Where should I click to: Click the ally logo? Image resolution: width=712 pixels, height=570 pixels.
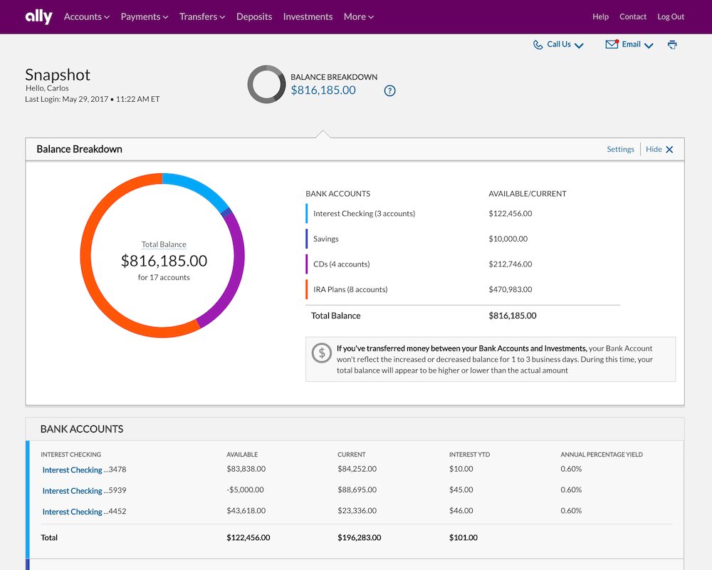coord(38,17)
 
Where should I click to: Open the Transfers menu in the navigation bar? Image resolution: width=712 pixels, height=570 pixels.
coord(202,17)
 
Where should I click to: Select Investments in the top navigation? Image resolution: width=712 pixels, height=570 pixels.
coord(308,17)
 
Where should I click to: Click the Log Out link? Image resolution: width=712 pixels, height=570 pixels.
coord(671,17)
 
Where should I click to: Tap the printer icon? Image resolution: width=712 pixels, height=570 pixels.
coord(673,45)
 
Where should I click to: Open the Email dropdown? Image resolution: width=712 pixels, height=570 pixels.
coord(629,45)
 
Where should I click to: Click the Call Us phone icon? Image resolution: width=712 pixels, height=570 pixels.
coord(538,45)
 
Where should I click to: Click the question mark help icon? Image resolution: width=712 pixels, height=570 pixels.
coord(389,91)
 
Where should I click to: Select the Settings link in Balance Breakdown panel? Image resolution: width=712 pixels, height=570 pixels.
coord(620,149)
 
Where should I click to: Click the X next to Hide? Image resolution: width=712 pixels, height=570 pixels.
coord(669,150)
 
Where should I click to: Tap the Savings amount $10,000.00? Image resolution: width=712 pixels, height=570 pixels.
coord(508,239)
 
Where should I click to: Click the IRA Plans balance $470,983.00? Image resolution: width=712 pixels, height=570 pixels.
coord(511,289)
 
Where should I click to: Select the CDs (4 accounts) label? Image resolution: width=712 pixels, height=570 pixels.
coord(342,264)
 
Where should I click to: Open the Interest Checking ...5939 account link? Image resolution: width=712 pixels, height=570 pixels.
coord(84,491)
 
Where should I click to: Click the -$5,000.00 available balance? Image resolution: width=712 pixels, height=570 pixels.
coord(245,490)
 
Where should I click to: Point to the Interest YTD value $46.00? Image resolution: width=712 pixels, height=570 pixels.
coord(461,511)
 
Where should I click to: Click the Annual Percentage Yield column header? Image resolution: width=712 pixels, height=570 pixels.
coord(602,455)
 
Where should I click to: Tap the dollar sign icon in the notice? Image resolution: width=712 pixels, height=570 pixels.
coord(322,353)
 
